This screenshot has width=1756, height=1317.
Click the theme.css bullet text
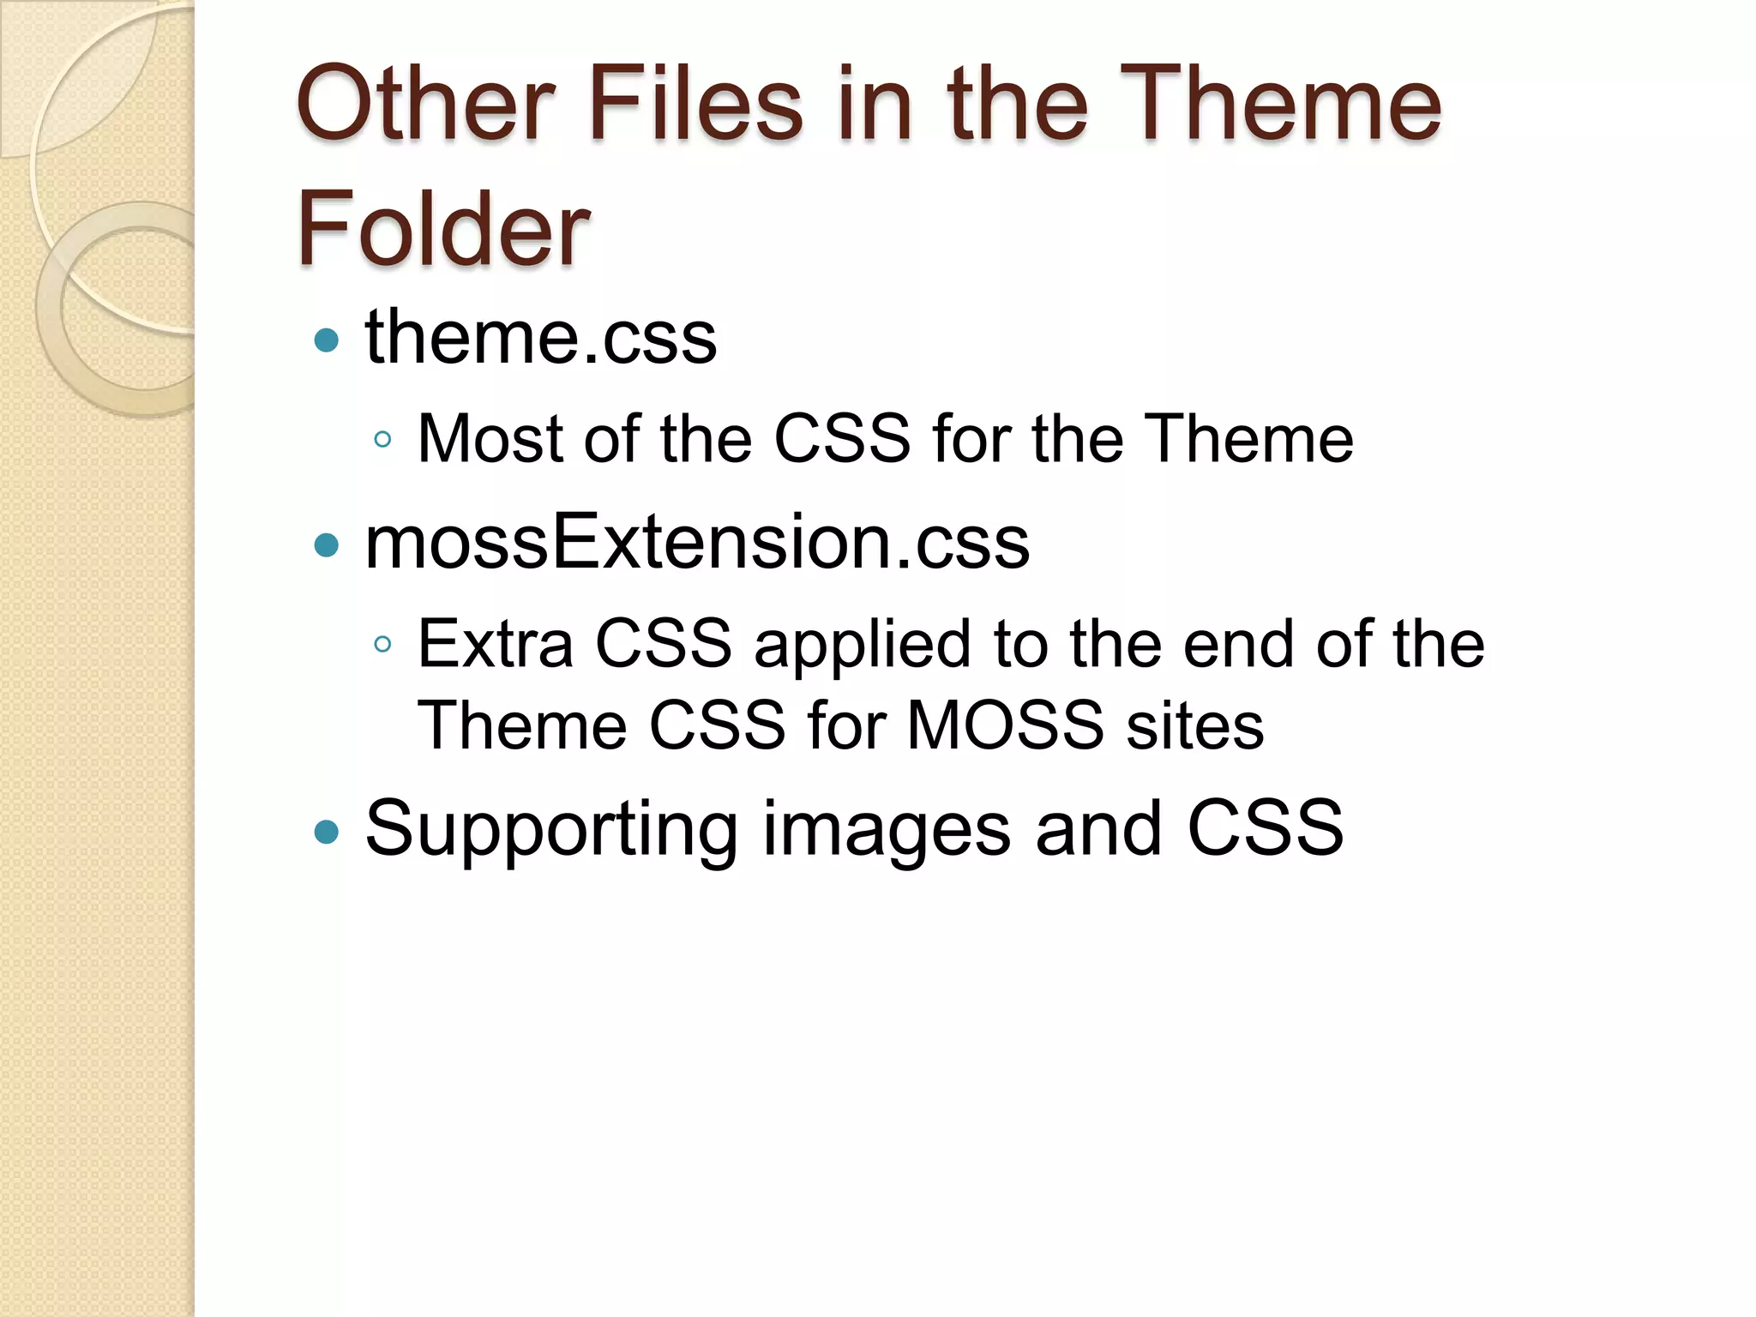point(541,338)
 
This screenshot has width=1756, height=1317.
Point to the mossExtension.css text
point(697,543)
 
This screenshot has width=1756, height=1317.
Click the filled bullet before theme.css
point(327,341)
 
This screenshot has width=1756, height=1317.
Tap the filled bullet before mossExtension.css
point(327,545)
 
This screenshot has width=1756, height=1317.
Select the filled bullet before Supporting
point(327,831)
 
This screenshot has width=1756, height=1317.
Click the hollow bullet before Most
point(383,441)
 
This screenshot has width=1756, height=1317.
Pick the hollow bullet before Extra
point(383,644)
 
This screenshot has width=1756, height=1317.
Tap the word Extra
point(495,643)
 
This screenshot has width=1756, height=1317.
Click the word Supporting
point(551,829)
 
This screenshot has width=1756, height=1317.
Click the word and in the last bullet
point(1098,827)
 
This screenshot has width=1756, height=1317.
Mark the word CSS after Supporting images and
point(1265,827)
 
